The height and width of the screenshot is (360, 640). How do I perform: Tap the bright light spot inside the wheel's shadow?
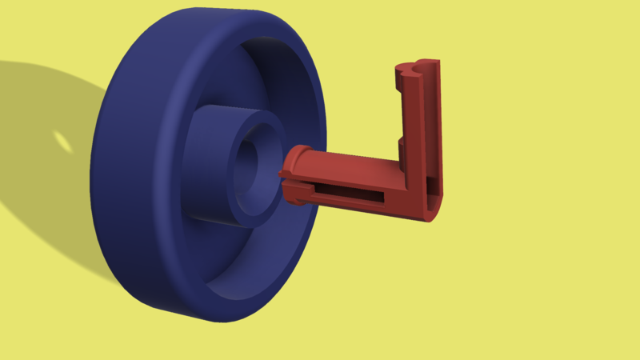[x=62, y=142]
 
